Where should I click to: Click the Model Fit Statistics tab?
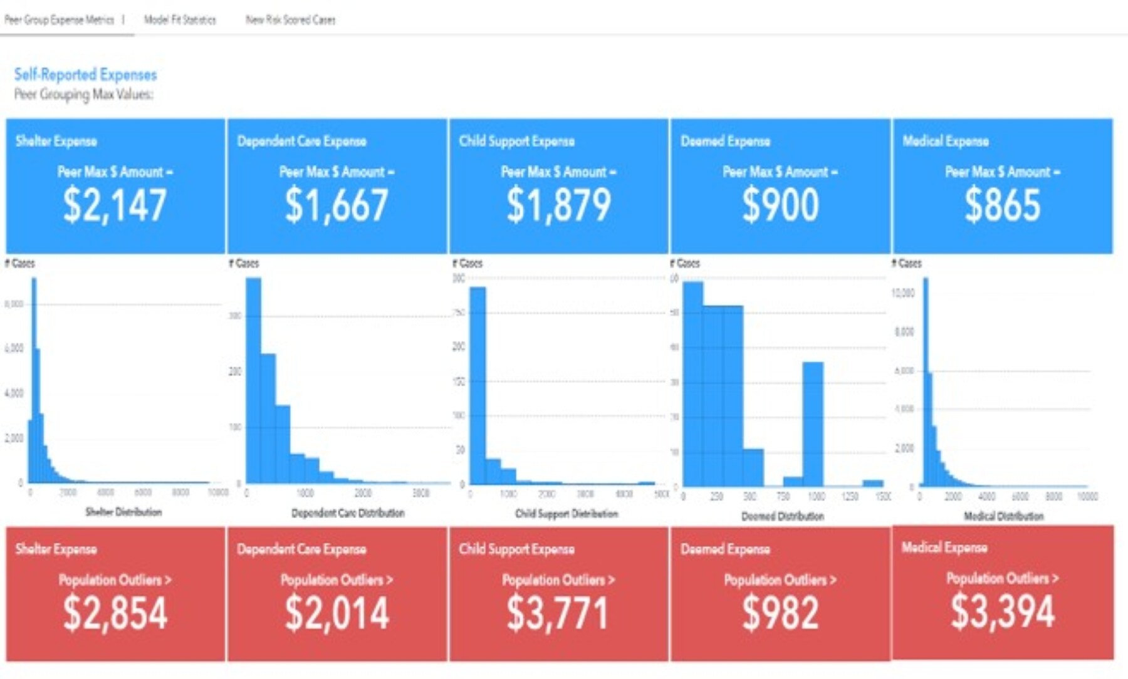coord(180,20)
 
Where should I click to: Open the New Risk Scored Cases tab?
coord(290,20)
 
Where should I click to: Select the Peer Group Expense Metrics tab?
coord(60,20)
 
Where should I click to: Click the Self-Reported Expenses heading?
coord(85,75)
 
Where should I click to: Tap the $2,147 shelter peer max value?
coord(115,205)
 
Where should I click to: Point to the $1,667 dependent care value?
coord(337,205)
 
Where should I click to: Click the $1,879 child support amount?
coord(558,205)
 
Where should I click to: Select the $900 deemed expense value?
coord(780,205)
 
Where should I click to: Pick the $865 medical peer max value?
coord(1002,205)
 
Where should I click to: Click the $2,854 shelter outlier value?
coord(115,613)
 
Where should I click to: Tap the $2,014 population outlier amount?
coord(337,613)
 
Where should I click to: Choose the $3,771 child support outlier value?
coord(557,613)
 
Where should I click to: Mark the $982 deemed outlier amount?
coord(780,613)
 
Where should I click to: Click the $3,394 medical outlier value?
coord(1002,611)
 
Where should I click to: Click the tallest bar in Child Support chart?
coord(478,385)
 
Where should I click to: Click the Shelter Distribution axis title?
coord(123,512)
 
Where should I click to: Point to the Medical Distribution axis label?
coord(1003,516)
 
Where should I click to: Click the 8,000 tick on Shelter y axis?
coord(14,304)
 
